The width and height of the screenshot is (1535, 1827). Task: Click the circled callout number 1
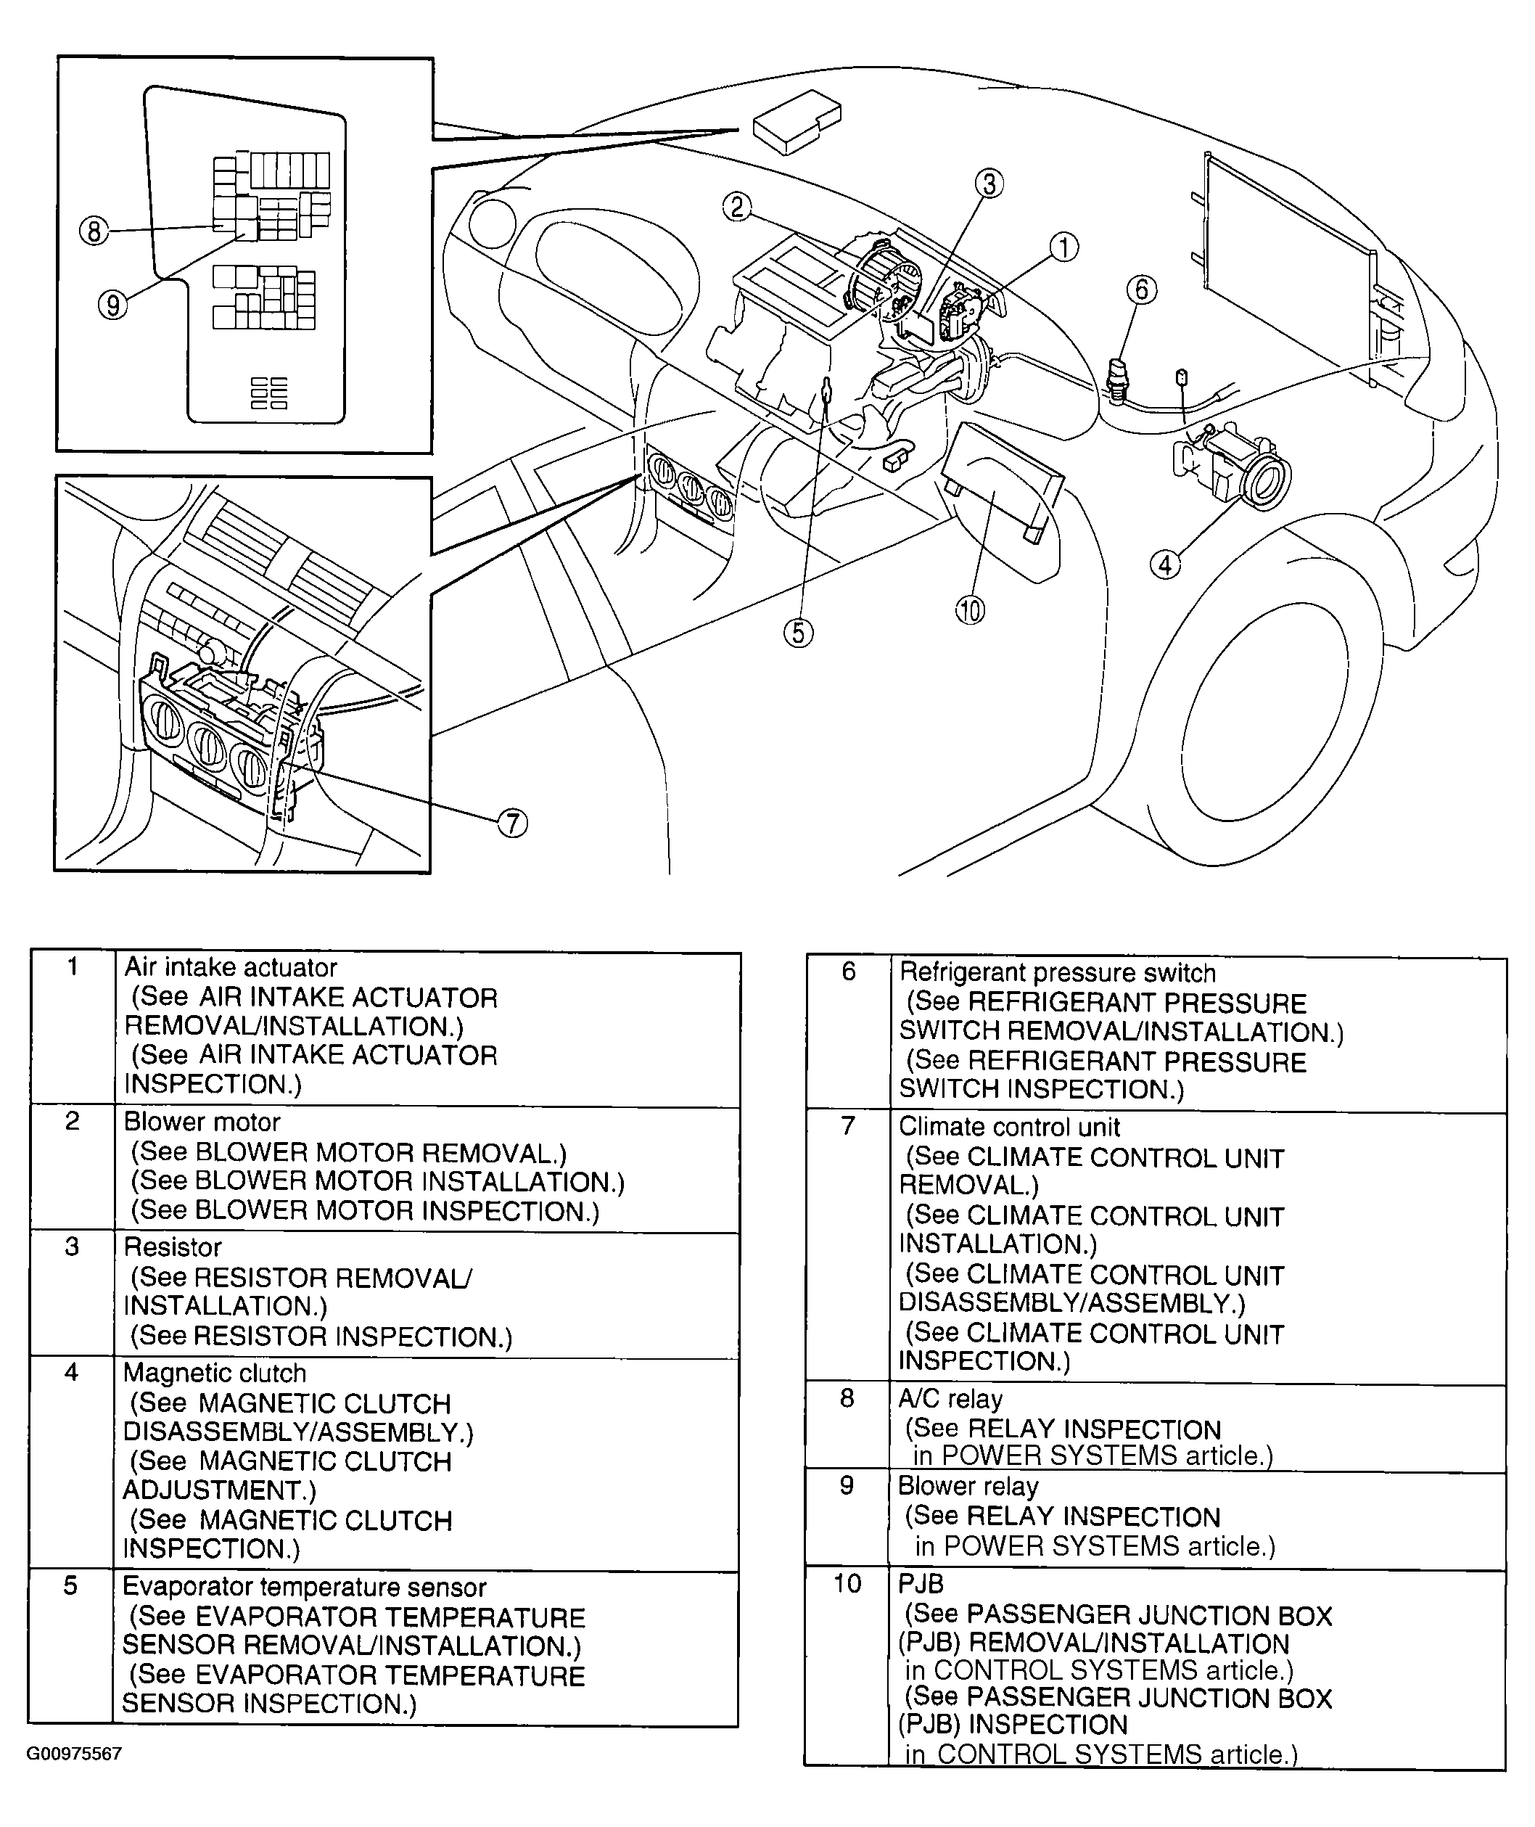point(1063,248)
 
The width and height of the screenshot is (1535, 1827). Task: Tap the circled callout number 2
point(737,208)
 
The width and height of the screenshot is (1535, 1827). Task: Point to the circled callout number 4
point(1165,565)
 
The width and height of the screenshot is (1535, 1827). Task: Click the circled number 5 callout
point(798,633)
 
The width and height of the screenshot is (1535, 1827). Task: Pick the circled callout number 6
point(1142,290)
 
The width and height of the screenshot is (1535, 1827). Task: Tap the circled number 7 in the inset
point(513,823)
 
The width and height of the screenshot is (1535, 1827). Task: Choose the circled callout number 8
point(94,231)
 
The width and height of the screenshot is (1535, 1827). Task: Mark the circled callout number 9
point(112,305)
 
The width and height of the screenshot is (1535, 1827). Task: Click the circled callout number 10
point(970,610)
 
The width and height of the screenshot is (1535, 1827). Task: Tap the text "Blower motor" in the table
point(202,1122)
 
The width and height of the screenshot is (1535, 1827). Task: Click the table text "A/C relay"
point(950,1399)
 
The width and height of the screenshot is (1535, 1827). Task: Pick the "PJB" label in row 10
point(921,1583)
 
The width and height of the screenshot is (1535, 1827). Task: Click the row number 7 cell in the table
point(849,1126)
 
